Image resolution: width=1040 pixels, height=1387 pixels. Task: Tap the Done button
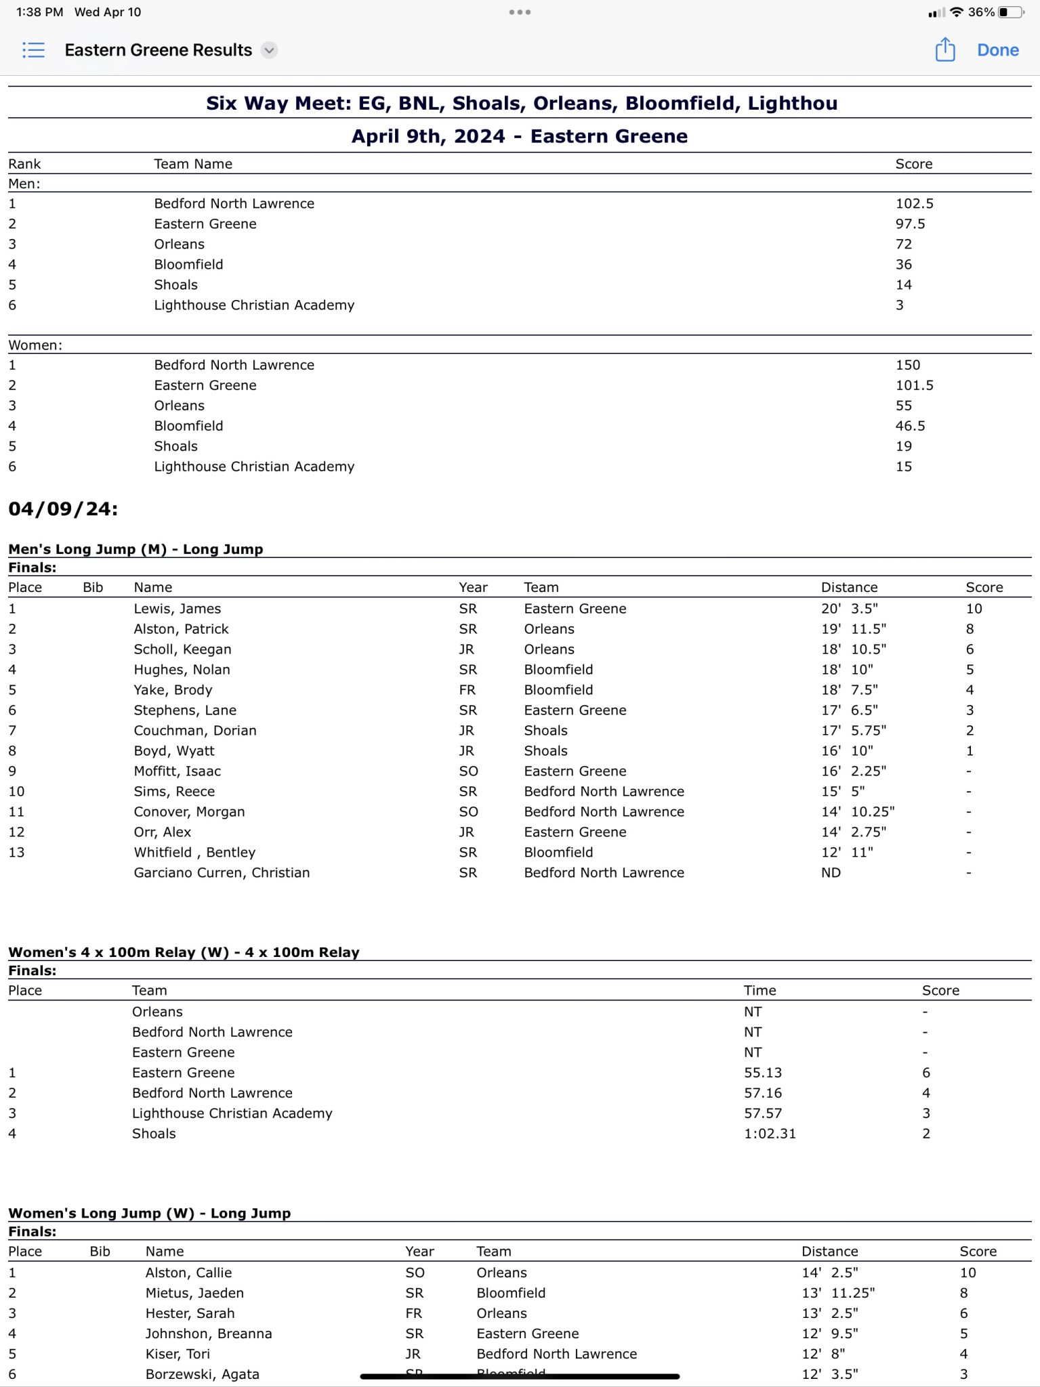(997, 50)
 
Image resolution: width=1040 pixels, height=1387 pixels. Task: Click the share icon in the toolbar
(945, 49)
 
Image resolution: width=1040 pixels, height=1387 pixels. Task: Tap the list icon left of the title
(33, 50)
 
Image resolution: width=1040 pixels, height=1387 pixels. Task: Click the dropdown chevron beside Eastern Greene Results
(270, 50)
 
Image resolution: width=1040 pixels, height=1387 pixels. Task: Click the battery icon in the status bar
(1012, 12)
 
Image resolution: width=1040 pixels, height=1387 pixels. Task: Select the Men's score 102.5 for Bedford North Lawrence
(914, 203)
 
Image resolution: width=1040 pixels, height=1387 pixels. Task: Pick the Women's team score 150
(908, 365)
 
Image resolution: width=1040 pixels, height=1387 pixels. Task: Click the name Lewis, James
(178, 609)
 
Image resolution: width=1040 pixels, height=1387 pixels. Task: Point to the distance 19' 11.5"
(854, 629)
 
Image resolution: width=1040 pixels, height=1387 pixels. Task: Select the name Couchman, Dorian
(195, 731)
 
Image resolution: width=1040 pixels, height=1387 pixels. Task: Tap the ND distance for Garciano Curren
(831, 873)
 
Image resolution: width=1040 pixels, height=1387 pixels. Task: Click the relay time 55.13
(763, 1073)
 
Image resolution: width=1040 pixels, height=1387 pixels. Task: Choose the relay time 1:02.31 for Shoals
(770, 1134)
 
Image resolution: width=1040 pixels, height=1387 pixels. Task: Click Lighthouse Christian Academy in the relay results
(232, 1113)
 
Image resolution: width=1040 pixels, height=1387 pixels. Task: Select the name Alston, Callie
(188, 1273)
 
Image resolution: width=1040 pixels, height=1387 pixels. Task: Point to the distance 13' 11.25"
(838, 1293)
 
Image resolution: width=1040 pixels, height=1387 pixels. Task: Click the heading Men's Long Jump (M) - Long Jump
(136, 549)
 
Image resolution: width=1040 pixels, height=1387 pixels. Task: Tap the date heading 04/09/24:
(63, 509)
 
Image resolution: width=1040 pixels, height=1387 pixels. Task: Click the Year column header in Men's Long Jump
(473, 587)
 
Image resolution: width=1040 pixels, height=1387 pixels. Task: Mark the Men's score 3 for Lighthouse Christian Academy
(900, 305)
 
